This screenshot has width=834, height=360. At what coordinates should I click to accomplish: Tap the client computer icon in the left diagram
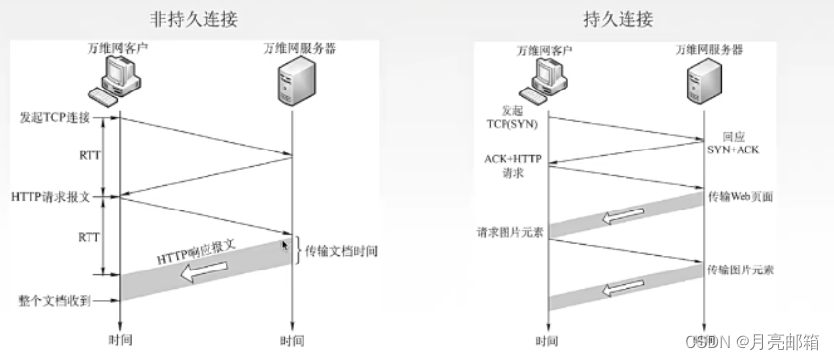[114, 79]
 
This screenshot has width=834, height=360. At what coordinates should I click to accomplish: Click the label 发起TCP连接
[54, 118]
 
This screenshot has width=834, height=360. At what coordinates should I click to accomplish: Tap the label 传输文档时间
[341, 251]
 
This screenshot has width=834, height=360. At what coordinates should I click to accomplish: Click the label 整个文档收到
[55, 299]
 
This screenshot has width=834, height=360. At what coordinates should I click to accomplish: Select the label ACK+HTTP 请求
[513, 165]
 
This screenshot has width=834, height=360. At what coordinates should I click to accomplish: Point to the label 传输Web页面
[741, 197]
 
